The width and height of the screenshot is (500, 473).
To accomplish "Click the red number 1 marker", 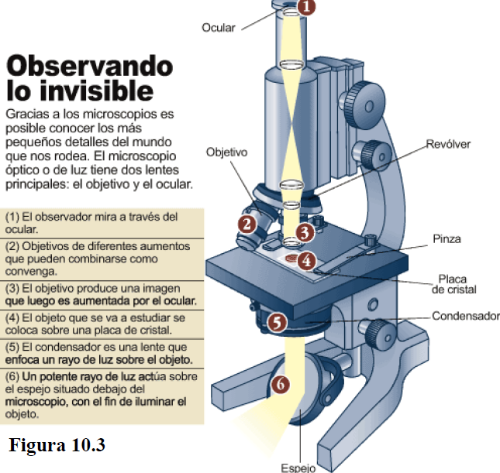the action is [307, 8].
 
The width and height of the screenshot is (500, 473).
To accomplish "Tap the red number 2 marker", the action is [247, 225].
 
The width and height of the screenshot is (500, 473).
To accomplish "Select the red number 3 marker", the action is [305, 231].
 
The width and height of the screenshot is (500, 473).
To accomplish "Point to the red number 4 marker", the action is [308, 261].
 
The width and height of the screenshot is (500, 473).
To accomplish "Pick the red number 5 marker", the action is [278, 320].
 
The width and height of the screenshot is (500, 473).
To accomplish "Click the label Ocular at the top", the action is [219, 28].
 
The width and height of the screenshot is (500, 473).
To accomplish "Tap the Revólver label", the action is [448, 145].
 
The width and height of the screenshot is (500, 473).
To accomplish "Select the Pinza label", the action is [447, 239].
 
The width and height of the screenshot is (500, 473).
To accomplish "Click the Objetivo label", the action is [226, 153].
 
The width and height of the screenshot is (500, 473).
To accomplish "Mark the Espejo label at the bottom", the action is [298, 468].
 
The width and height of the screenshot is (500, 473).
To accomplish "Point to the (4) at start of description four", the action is [12, 317].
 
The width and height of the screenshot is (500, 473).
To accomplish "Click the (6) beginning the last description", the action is [12, 375].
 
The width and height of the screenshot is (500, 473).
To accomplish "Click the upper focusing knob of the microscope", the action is [362, 100].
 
